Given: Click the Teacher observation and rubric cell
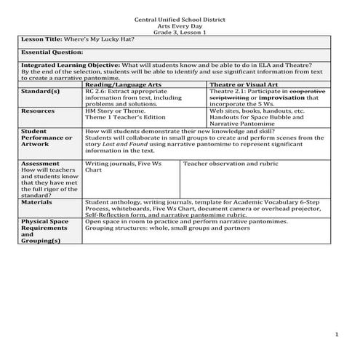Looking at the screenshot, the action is pyautogui.click(x=230, y=164).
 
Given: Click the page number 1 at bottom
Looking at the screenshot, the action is pyautogui.click(x=337, y=334).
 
